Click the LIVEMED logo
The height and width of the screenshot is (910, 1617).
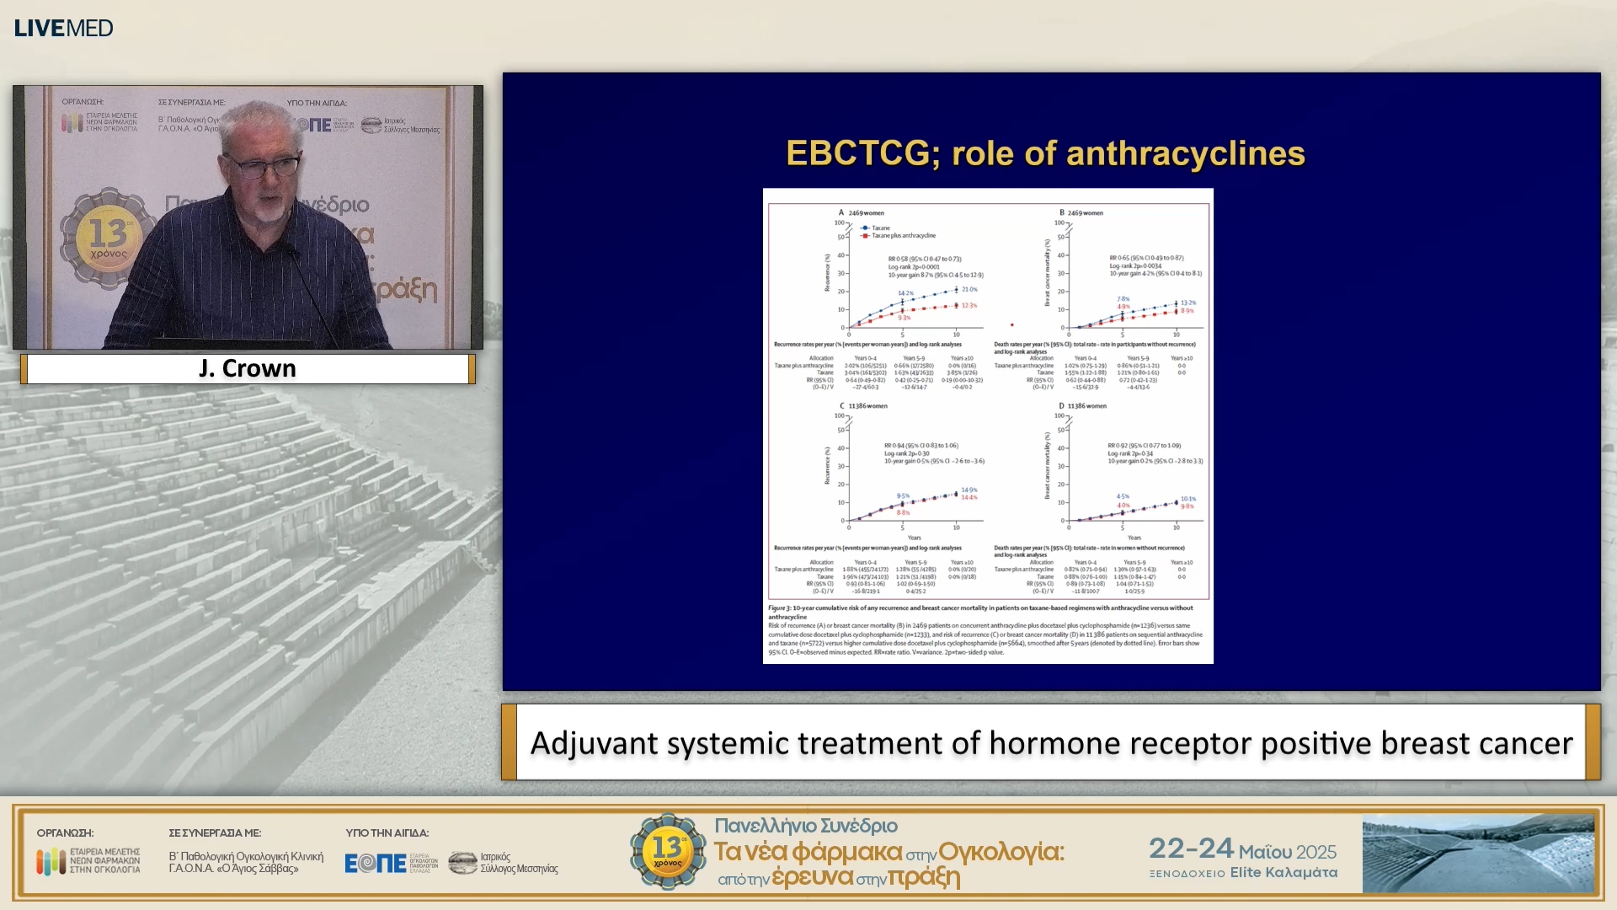(x=63, y=28)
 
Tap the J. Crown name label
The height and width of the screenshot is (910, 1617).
(x=248, y=369)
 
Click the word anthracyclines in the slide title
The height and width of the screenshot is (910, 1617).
(x=1185, y=153)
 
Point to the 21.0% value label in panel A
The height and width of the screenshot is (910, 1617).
(x=969, y=289)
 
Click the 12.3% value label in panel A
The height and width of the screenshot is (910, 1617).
(x=969, y=306)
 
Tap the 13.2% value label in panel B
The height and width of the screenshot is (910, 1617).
(x=1187, y=302)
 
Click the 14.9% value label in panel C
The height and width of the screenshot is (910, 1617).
(x=969, y=490)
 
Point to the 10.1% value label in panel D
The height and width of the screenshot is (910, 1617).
(x=1188, y=499)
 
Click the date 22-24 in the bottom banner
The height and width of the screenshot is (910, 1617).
(x=1191, y=848)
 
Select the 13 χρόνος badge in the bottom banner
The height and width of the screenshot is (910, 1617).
(x=668, y=851)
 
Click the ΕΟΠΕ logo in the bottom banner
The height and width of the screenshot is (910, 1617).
(x=376, y=863)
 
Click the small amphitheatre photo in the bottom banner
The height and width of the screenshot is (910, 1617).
(x=1478, y=853)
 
